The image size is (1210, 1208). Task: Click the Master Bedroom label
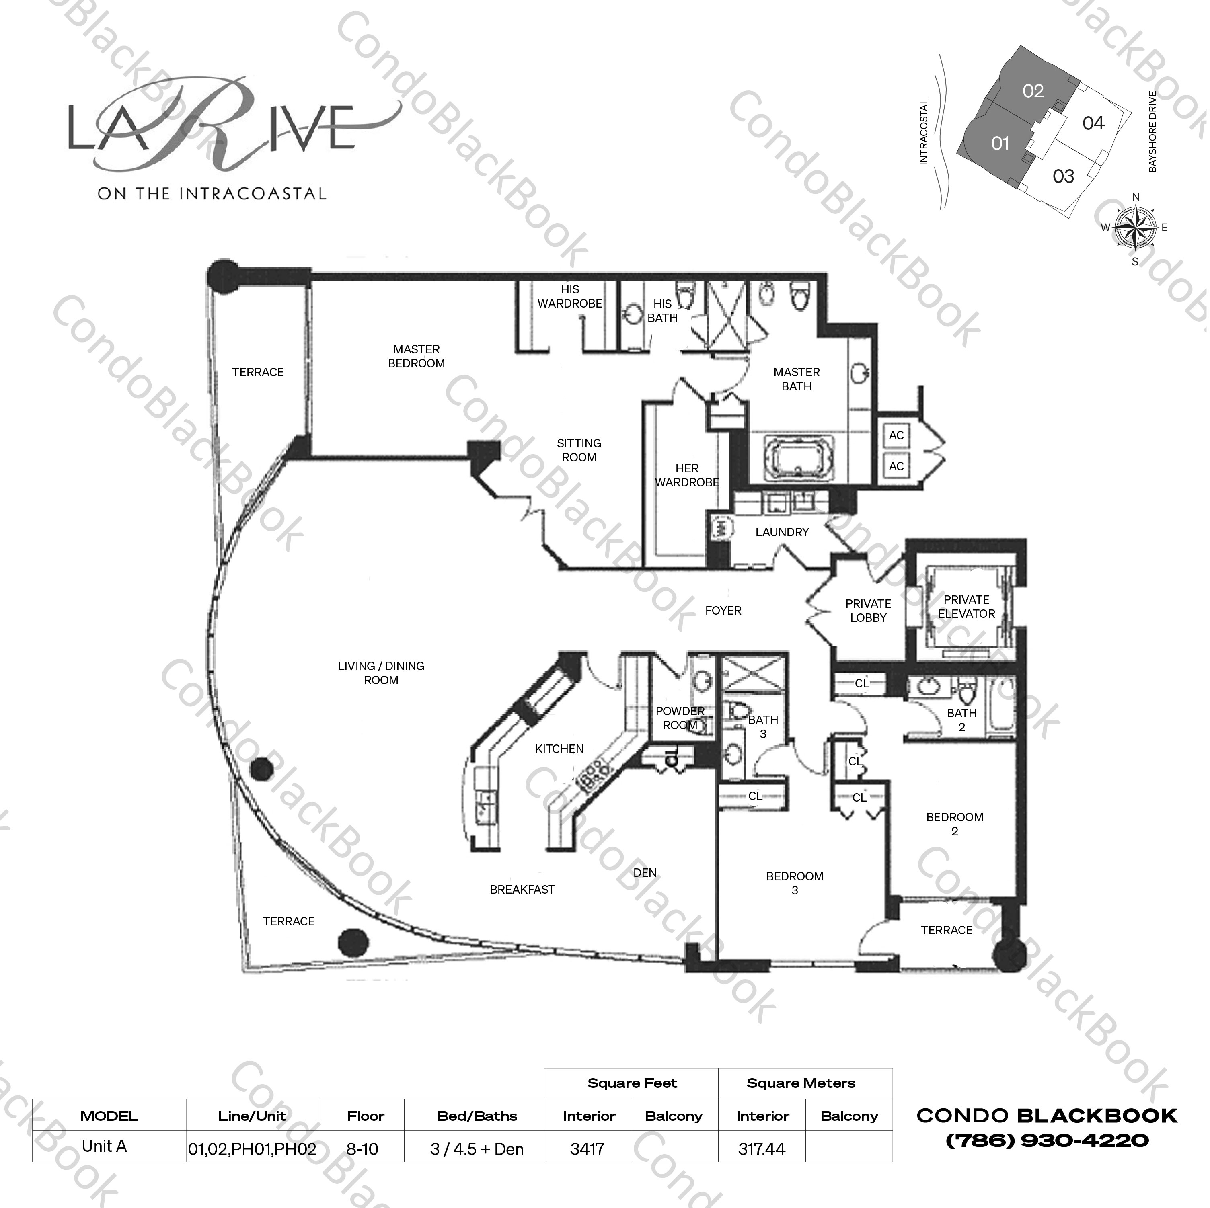[x=417, y=356]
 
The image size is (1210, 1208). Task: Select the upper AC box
[x=896, y=435]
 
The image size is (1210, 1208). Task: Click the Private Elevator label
[x=966, y=607]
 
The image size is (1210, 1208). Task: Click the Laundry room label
[x=782, y=532]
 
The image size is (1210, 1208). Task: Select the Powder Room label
[x=680, y=718]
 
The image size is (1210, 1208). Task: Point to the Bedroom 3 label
[x=794, y=883]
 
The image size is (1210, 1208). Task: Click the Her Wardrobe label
[x=687, y=475]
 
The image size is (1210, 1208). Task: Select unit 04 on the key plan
[x=1093, y=123]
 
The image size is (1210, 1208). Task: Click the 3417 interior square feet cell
[x=588, y=1149]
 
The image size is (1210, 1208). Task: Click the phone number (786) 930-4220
[x=1047, y=1140]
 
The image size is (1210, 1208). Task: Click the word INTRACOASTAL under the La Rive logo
[x=253, y=194]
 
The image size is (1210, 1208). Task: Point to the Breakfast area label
[x=522, y=889]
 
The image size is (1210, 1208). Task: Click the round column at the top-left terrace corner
[x=223, y=276]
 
